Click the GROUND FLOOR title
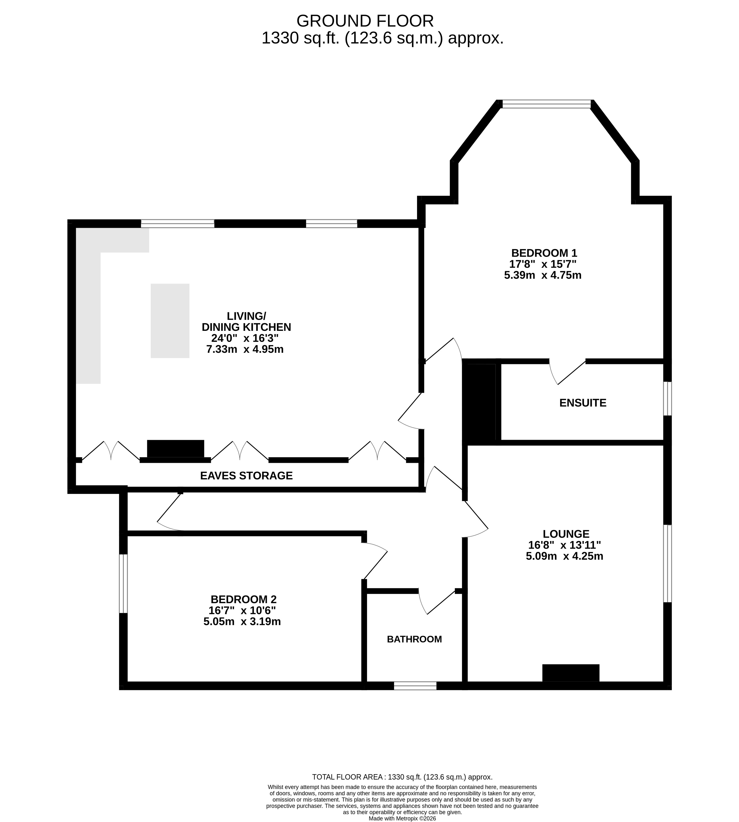365,21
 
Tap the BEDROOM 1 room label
544,253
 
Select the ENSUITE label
583,403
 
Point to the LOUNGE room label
566,534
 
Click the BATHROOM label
414,639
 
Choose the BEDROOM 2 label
244,599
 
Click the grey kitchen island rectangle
170,321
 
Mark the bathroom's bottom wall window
415,686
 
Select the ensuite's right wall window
667,398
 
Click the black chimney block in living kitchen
175,449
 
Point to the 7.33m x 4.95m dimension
245,349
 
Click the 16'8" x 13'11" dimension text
564,545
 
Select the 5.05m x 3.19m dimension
242,621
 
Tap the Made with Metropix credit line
402,807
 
